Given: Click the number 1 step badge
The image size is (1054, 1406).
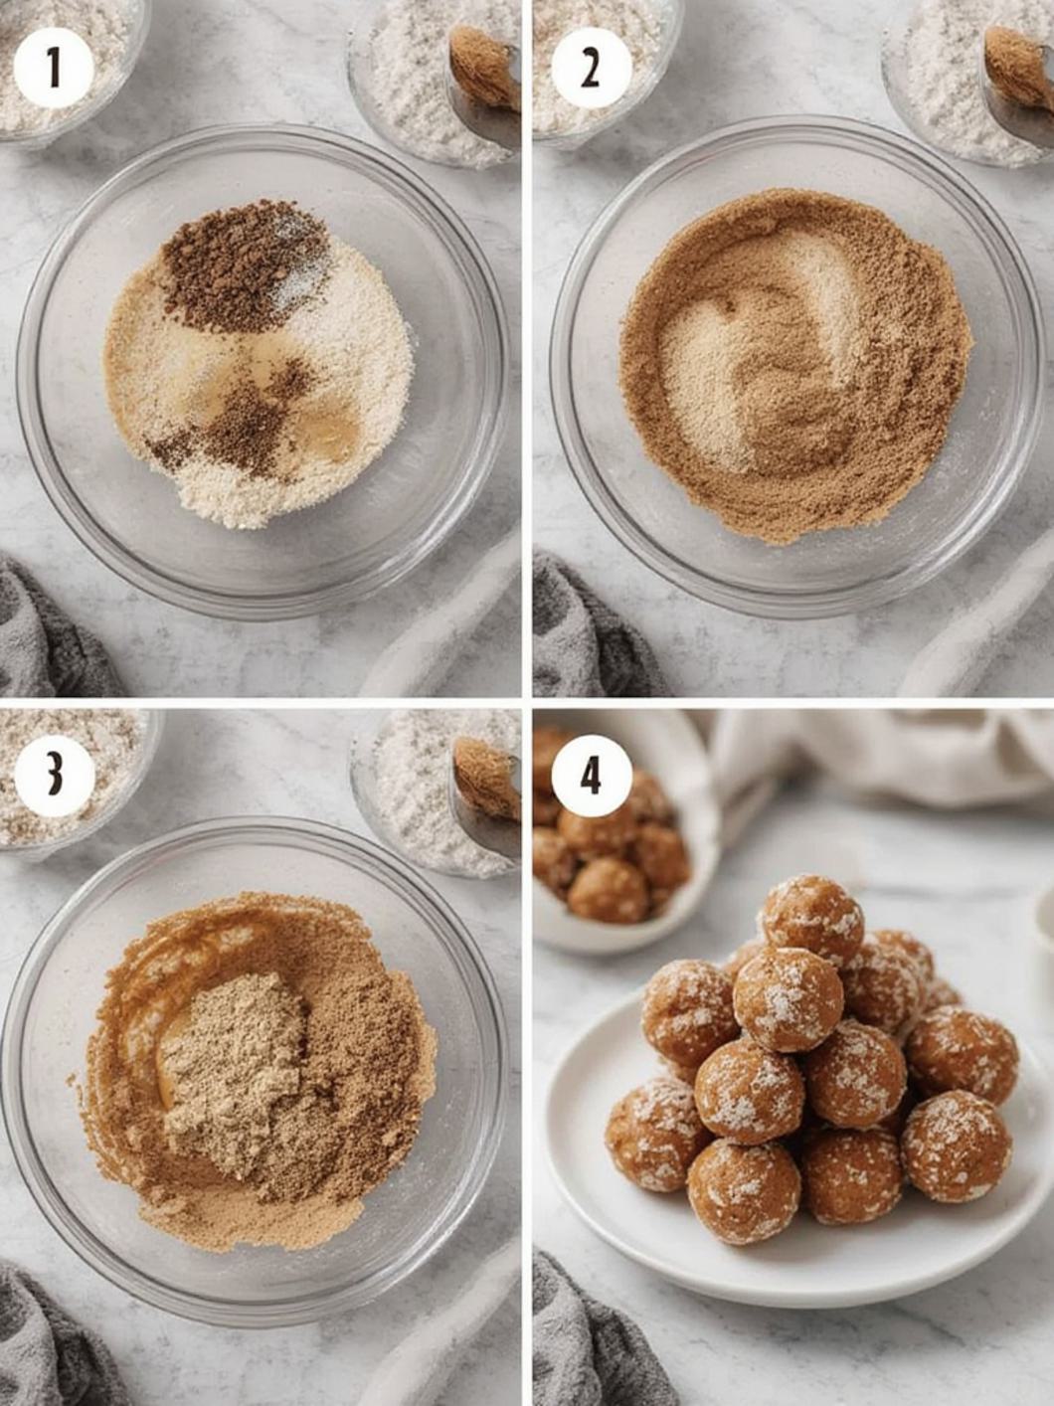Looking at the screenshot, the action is click(x=54, y=68).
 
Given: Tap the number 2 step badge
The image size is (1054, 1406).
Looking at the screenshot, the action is click(x=591, y=68).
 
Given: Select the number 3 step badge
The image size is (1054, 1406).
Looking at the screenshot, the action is click(x=54, y=777).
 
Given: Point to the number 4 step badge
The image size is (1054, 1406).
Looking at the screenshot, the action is click(x=591, y=777).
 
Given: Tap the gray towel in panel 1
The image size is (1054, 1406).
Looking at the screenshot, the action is click(x=48, y=631).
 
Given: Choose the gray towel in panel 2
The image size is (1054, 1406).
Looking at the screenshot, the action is click(x=586, y=631).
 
